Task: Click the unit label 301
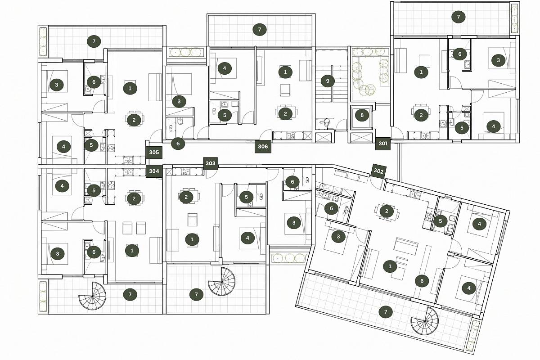[383, 144]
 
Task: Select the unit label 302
[378, 171]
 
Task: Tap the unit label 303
[211, 163]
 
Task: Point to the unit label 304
[154, 171]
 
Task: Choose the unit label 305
[154, 153]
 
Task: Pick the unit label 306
[263, 146]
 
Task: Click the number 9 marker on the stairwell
[328, 81]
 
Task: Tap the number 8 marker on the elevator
[362, 115]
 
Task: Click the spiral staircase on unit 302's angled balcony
[425, 321]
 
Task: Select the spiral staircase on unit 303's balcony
[222, 282]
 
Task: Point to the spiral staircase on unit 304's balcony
[92, 296]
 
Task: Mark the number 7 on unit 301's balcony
[458, 17]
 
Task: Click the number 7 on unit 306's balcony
[259, 30]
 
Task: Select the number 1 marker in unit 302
[390, 266]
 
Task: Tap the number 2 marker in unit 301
[421, 115]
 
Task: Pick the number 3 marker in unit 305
[57, 85]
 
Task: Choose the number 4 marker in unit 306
[225, 68]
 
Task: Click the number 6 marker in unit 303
[292, 182]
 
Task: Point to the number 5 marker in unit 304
[94, 190]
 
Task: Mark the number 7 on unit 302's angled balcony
[386, 312]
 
